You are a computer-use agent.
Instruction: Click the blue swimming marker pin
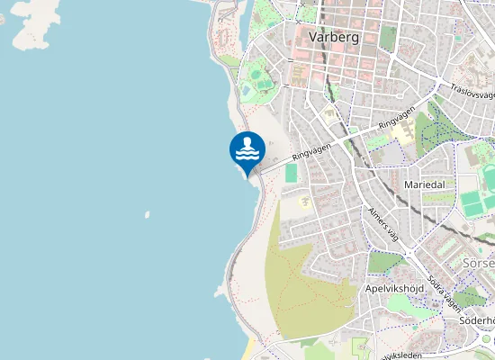247,150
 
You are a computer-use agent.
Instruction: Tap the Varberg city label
334,38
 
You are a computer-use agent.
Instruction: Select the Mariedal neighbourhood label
426,184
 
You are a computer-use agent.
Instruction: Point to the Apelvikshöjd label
394,289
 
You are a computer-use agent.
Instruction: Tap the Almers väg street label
382,223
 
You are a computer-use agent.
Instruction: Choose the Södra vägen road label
444,289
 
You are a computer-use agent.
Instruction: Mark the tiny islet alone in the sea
147,215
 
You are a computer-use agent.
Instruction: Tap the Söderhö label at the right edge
477,320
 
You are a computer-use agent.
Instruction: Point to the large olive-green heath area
306,279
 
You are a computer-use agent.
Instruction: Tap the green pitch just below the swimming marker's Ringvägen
291,172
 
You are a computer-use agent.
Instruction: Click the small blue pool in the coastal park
247,91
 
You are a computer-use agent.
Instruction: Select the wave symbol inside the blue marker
247,153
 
